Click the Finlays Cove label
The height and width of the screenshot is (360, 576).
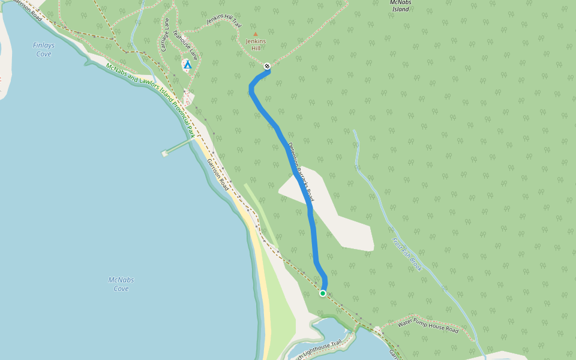click(43, 49)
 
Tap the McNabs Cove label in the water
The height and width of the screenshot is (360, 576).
click(121, 284)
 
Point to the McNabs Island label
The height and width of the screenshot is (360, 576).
click(400, 5)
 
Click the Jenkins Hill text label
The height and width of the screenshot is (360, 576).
click(255, 44)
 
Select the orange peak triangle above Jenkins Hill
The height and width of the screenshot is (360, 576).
click(255, 34)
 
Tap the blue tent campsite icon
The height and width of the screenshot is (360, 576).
click(187, 64)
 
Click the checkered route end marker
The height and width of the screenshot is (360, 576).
click(267, 66)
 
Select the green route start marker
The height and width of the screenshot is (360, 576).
click(323, 293)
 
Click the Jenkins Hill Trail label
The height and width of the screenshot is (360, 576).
click(223, 21)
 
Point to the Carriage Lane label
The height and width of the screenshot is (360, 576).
click(165, 34)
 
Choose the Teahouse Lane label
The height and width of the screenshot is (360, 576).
click(185, 45)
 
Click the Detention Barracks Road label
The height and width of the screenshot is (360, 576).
click(301, 172)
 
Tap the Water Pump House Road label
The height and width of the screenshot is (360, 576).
click(428, 326)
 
